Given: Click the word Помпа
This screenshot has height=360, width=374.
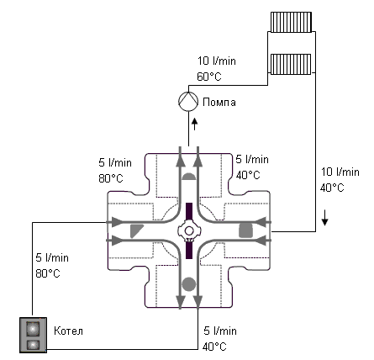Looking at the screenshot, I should [219, 103].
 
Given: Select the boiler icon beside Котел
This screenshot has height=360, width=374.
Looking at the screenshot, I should [33, 334].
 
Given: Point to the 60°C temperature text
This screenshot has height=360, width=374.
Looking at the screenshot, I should [208, 77].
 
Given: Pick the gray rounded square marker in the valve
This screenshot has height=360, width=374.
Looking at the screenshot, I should [245, 229].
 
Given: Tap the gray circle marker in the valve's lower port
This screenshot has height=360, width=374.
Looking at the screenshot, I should [189, 283].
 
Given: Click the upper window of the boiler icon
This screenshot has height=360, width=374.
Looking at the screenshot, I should [33, 327].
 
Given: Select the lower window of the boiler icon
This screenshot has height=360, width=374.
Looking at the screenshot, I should [33, 342].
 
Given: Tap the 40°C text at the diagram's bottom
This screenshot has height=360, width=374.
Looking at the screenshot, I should [215, 346].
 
